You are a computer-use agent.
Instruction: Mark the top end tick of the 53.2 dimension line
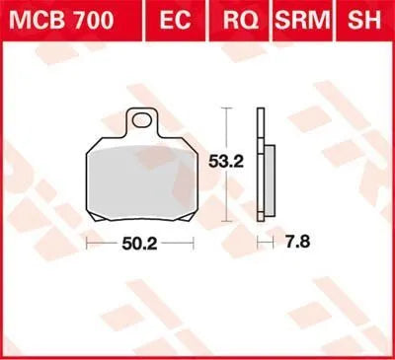[x=229, y=109]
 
